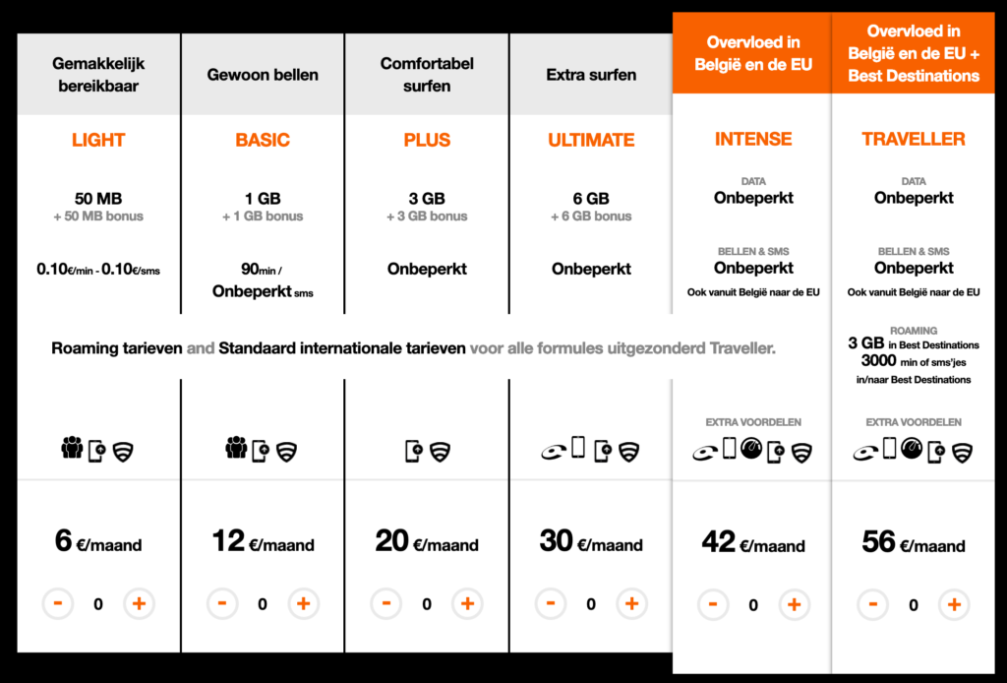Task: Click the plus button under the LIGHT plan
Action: tap(139, 603)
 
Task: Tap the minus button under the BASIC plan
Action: tap(222, 603)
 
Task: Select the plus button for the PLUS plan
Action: tap(467, 603)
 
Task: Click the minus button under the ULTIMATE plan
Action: tap(551, 603)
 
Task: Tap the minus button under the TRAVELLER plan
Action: tap(872, 604)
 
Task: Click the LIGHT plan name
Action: tap(98, 140)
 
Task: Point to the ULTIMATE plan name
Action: tap(591, 140)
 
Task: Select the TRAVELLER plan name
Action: tap(914, 139)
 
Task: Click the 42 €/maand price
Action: tap(752, 543)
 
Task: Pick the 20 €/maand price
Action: tap(426, 542)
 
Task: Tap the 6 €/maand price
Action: tap(98, 542)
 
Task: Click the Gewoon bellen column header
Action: tap(263, 75)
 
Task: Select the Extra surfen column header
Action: tap(591, 75)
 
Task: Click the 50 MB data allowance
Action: tap(98, 198)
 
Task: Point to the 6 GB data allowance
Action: tap(591, 198)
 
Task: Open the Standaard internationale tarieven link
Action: tap(342, 347)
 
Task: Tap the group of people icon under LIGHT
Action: tap(72, 450)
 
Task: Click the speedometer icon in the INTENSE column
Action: tap(752, 449)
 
